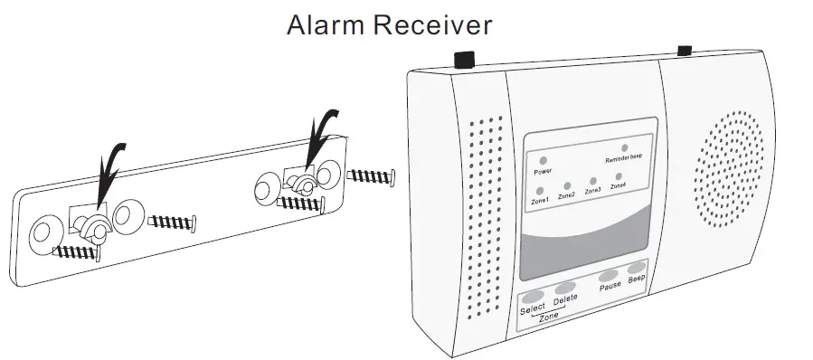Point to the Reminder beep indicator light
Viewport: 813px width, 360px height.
point(623,146)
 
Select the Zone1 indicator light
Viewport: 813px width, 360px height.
point(539,190)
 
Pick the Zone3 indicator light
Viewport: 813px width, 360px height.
point(592,181)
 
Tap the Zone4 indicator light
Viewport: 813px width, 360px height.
point(619,176)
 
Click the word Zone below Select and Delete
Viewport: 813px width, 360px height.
point(548,317)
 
